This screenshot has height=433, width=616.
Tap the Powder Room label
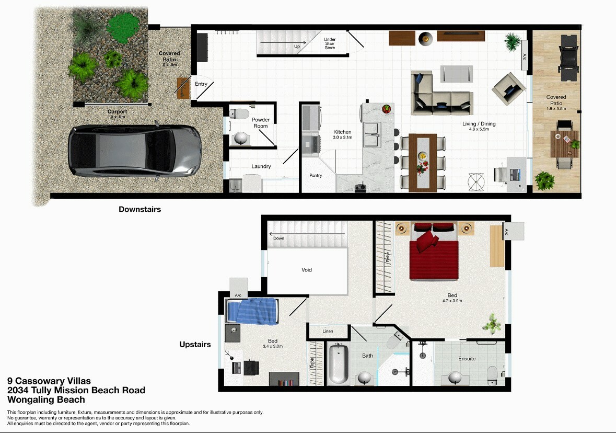coord(261,123)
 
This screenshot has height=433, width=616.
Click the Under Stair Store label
coord(330,43)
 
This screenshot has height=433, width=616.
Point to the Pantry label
coord(316,176)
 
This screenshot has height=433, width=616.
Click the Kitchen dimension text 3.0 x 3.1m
coord(343,138)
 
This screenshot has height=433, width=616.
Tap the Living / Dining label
coord(479,124)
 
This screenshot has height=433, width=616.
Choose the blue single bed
coord(252,312)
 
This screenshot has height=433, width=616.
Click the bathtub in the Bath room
coord(338,364)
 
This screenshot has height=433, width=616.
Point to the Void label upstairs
coord(307,270)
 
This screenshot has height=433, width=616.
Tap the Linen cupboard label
coord(328,332)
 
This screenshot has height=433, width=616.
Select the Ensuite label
coord(467,359)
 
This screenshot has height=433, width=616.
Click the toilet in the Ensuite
coord(492,373)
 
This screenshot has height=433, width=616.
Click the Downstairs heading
coord(140,209)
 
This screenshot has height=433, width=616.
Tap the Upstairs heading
coord(195,345)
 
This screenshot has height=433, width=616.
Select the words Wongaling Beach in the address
coord(46,400)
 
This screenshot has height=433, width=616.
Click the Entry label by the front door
coord(201,84)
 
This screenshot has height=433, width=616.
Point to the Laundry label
coord(261,166)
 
